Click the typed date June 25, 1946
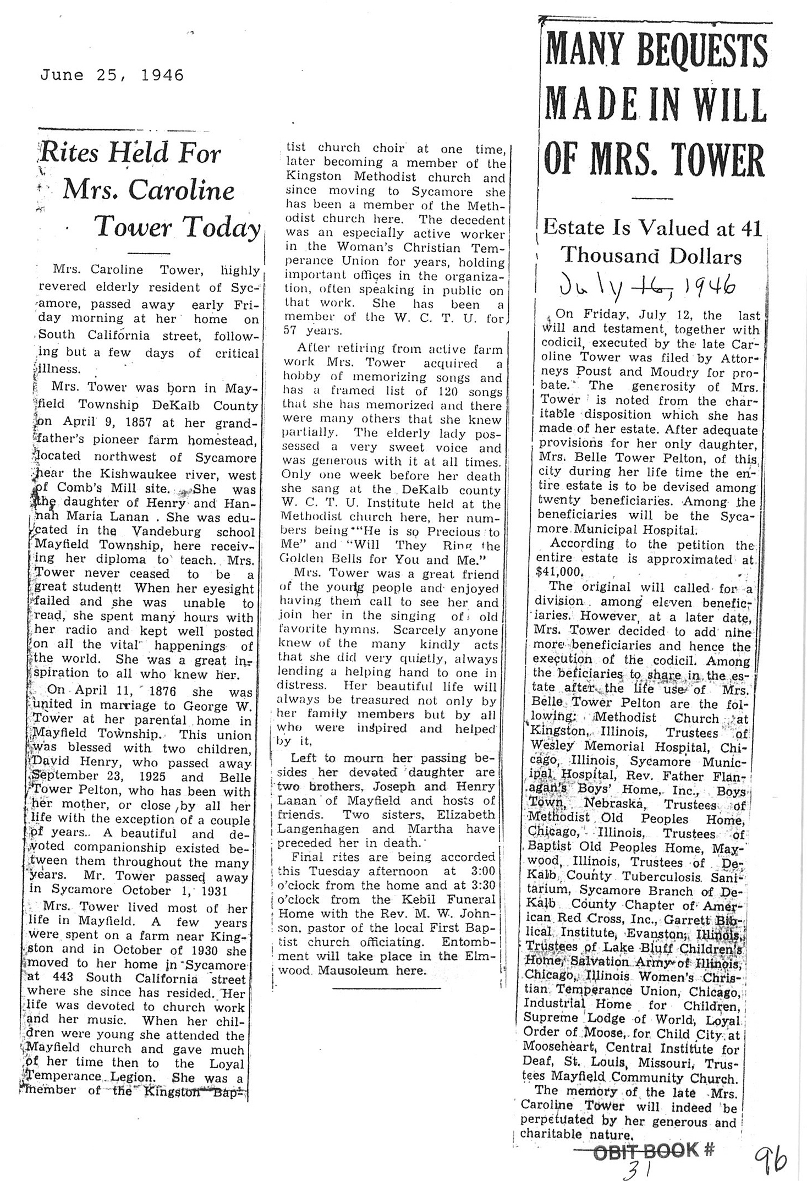(x=112, y=75)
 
